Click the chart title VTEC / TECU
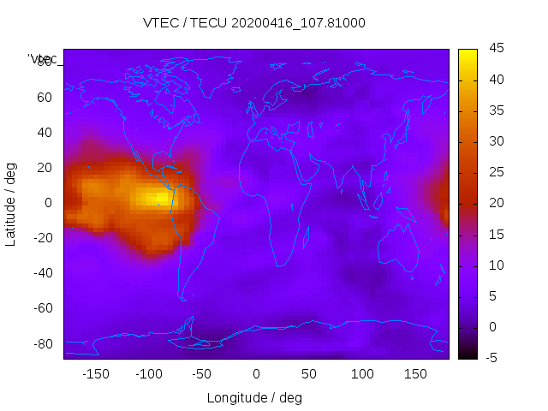pyautogui.click(x=254, y=23)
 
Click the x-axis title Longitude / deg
pyautogui.click(x=254, y=397)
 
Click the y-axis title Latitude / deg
pyautogui.click(x=11, y=204)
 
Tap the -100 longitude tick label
pyautogui.click(x=149, y=373)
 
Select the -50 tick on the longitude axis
pyautogui.click(x=202, y=373)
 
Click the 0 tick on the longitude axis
pyautogui.click(x=256, y=373)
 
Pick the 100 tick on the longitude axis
pyautogui.click(x=362, y=373)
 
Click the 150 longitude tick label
pyautogui.click(x=415, y=373)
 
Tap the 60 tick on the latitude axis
pyautogui.click(x=44, y=98)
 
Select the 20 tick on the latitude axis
pyautogui.click(x=44, y=168)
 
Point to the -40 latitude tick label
pyautogui.click(x=41, y=273)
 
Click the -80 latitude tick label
pyautogui.click(x=41, y=343)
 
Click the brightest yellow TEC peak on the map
pyautogui.click(x=159, y=198)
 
